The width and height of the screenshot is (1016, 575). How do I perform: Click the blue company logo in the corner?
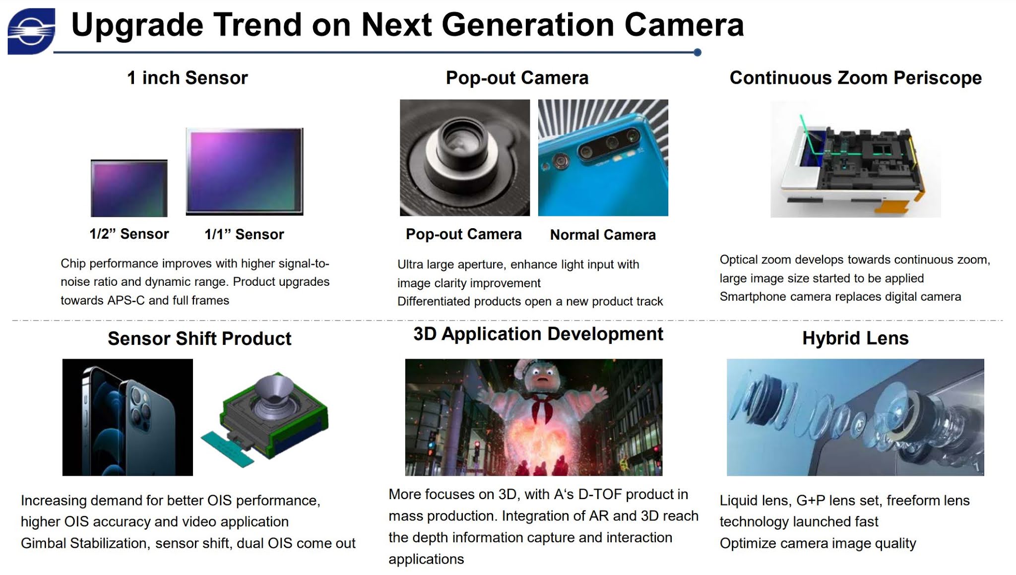click(31, 31)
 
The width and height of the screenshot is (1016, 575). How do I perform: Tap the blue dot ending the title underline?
click(697, 52)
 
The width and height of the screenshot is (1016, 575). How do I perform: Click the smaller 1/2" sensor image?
click(129, 188)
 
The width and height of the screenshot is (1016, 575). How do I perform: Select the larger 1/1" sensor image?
click(244, 171)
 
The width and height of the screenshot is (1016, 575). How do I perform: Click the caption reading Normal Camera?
click(602, 235)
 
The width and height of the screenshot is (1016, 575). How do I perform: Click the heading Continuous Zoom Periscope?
click(855, 78)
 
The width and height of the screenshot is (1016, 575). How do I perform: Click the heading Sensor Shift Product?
click(199, 338)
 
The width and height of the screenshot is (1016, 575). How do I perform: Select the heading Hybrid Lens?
click(855, 338)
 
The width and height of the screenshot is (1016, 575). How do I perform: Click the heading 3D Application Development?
click(538, 334)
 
